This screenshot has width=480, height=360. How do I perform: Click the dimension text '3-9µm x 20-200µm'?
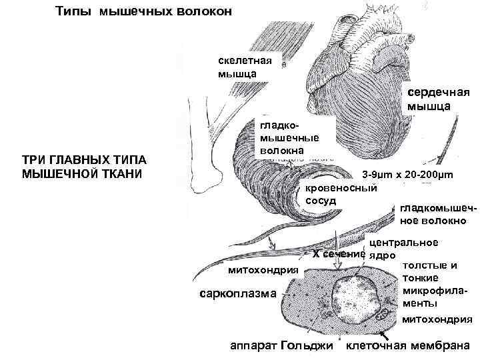(x=407, y=175)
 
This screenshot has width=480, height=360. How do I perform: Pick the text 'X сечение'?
(x=339, y=253)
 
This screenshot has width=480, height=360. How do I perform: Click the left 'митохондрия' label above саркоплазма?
(x=263, y=269)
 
